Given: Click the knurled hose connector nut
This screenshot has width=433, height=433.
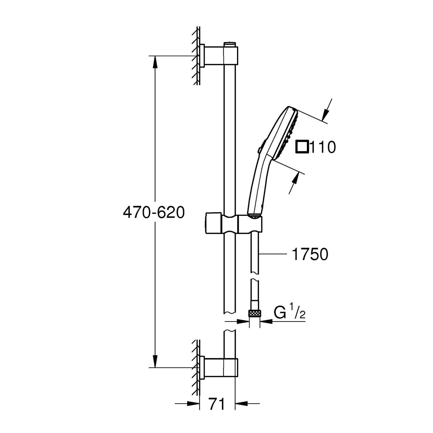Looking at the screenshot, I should pyautogui.click(x=255, y=313).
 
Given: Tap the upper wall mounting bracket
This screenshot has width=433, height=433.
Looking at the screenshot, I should pyautogui.click(x=219, y=55).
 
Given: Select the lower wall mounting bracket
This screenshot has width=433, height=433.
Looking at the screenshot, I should pyautogui.click(x=219, y=367).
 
